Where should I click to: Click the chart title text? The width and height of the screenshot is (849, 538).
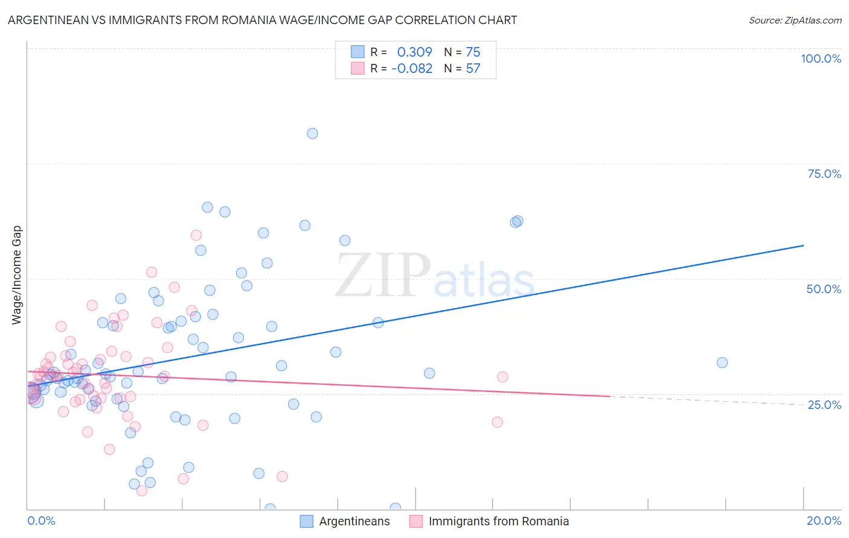point(262,20)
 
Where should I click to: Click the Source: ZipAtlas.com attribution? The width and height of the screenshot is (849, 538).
point(795,20)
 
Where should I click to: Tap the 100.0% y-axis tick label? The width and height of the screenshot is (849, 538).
point(821,59)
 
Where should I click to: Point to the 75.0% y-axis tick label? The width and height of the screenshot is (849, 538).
point(824,174)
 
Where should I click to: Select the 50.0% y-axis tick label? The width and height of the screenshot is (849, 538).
point(824,289)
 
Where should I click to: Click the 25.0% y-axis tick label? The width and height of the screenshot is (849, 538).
point(824,404)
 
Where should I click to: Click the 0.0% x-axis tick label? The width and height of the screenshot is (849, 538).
point(41,521)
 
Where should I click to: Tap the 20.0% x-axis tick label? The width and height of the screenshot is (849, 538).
point(824,521)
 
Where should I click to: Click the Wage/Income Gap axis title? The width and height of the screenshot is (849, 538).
point(16,275)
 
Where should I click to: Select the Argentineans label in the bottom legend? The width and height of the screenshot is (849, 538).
point(354,521)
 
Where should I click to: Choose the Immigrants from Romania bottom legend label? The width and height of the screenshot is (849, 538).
point(499,521)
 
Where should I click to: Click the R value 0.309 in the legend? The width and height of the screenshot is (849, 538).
point(414,52)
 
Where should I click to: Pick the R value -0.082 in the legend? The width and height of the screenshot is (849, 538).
point(412,68)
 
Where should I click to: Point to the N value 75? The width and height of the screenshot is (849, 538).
point(473,52)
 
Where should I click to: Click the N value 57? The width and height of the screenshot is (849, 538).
point(473,68)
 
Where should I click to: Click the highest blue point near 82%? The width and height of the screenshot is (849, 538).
point(312,133)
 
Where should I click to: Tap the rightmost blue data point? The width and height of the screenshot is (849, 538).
point(722,362)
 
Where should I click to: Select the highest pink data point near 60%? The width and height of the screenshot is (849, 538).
point(196,235)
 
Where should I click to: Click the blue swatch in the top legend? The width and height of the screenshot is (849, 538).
point(357,52)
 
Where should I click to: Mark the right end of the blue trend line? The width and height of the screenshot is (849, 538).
point(803,245)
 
